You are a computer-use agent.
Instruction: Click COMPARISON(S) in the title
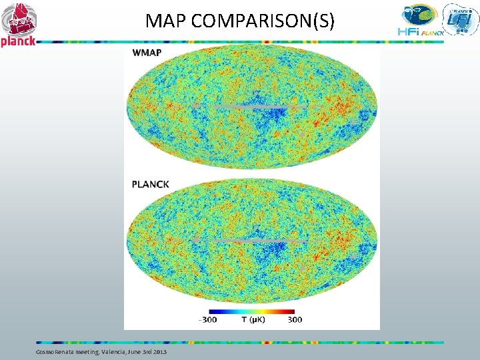point(263,21)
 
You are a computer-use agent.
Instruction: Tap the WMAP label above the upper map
point(147,53)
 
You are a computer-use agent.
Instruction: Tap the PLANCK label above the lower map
point(150,184)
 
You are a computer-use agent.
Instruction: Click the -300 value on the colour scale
point(207,319)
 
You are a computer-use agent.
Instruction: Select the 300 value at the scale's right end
point(295,319)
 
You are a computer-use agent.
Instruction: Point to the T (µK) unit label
point(253,319)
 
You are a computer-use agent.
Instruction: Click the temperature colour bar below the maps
point(251,311)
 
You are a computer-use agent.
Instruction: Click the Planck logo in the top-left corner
point(19,23)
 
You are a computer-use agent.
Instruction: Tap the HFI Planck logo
point(419,21)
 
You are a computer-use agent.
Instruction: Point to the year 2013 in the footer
point(159,351)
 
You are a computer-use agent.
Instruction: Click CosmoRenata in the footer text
point(51,351)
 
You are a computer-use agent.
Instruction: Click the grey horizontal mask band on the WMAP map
point(253,106)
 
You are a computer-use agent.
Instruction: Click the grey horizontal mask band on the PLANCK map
point(253,239)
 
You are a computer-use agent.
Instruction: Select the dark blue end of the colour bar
point(212,311)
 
